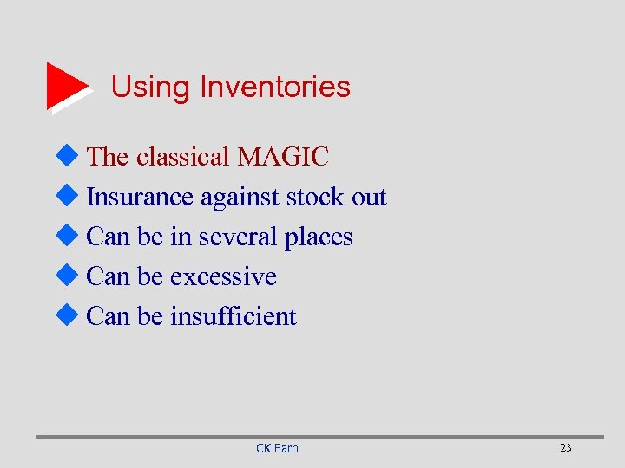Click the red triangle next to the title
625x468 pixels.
[x=66, y=86]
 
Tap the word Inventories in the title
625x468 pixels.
[x=275, y=87]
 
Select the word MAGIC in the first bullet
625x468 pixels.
[x=283, y=157]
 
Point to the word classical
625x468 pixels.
[x=183, y=157]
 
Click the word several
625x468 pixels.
[x=238, y=237]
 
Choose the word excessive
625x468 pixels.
[x=223, y=276]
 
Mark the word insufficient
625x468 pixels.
[x=234, y=316]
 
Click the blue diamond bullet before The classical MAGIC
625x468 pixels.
[x=70, y=156]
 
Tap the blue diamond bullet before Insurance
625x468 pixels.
[x=70, y=196]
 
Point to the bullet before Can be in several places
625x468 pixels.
[x=70, y=236]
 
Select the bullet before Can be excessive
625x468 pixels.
[x=70, y=276]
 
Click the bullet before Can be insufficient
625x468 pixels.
[x=70, y=315]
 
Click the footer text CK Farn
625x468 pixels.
[x=277, y=448]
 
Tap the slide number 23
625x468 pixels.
[x=566, y=448]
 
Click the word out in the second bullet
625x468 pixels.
[x=369, y=198]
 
